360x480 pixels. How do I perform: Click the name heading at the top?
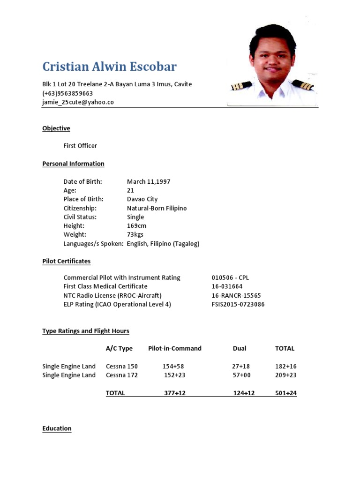[109, 67]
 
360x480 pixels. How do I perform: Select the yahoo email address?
[78, 102]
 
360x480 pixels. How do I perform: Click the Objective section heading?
[56, 128]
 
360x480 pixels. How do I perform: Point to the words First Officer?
[80, 146]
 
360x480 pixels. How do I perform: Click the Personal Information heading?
[73, 164]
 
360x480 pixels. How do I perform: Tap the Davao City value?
[142, 199]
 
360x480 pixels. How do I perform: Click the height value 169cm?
[136, 226]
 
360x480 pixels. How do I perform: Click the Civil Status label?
[80, 217]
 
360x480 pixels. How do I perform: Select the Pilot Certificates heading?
[67, 261]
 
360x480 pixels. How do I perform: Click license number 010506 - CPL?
[230, 277]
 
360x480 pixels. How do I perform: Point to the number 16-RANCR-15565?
[236, 295]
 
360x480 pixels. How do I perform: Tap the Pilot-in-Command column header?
[174, 348]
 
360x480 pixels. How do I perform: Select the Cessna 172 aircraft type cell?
[122, 375]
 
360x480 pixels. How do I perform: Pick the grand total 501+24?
[285, 393]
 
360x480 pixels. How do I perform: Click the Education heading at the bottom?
[57, 428]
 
